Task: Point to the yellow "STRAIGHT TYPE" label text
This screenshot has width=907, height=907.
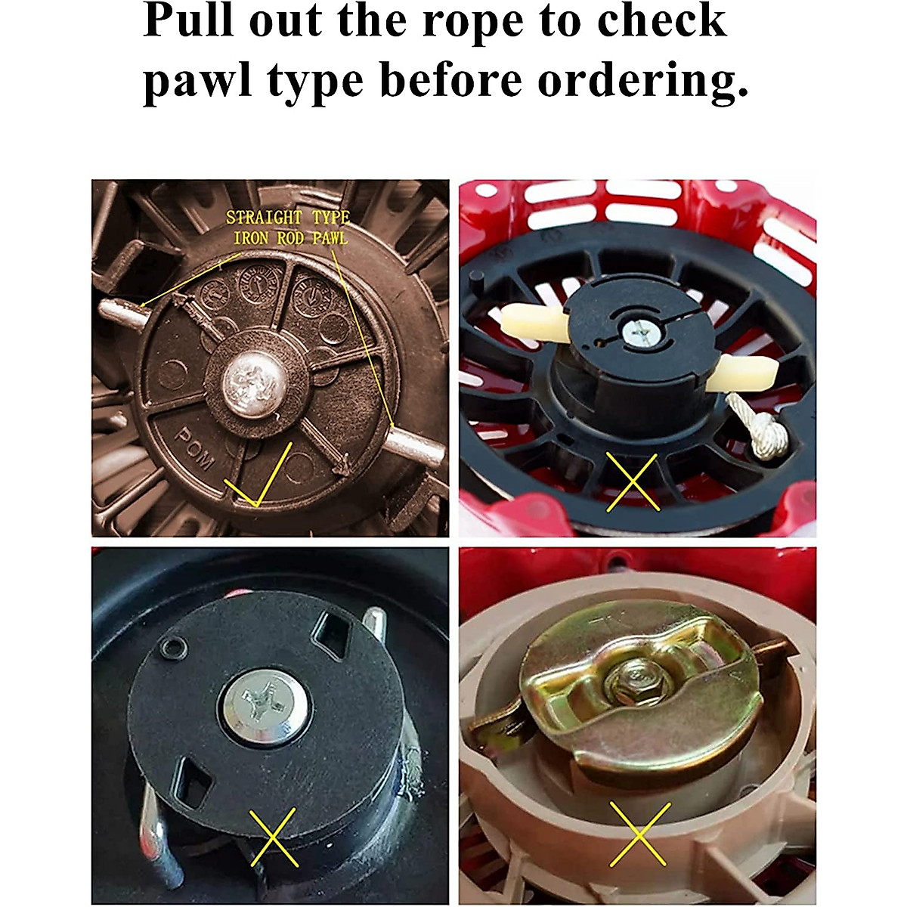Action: tap(288, 218)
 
